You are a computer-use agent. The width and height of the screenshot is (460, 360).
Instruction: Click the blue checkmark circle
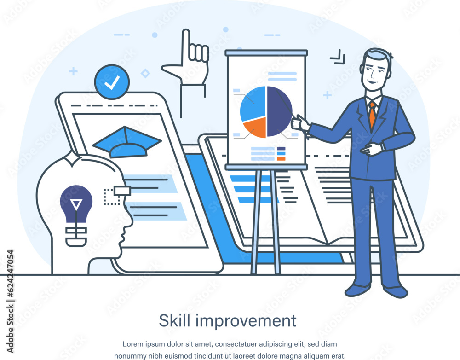(112, 82)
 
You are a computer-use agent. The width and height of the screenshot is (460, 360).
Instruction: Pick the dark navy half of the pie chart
(279, 111)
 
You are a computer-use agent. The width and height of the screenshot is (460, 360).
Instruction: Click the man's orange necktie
(372, 115)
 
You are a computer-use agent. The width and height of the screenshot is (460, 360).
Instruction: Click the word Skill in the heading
(175, 320)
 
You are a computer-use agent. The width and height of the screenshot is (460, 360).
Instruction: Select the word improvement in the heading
(246, 321)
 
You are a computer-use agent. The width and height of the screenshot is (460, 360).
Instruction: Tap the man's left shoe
(395, 291)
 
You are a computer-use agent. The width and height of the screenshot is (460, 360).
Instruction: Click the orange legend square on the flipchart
(281, 159)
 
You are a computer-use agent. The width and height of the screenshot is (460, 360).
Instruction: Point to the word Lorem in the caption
(132, 344)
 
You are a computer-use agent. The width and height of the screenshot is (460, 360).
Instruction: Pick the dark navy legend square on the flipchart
(281, 148)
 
